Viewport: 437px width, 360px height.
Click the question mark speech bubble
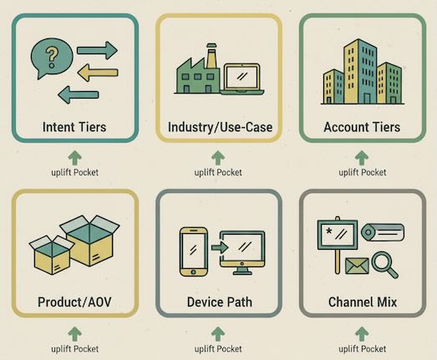pos(52,58)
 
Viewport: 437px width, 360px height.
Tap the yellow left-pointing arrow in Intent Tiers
pos(98,73)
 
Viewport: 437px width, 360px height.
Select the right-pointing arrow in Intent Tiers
pos(97,50)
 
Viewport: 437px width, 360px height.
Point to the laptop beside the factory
pos(242,79)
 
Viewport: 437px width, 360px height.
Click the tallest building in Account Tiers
pos(360,71)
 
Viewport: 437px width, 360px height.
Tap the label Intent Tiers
pos(74,127)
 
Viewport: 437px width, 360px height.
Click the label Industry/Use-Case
pos(220,127)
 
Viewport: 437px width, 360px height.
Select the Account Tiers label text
pos(362,127)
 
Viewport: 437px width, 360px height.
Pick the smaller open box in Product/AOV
pos(51,256)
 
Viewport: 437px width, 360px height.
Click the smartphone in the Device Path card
pos(194,251)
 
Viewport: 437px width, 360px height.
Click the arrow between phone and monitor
pos(220,247)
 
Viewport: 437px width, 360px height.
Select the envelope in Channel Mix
pos(357,266)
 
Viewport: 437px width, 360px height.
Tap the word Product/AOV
pos(74,302)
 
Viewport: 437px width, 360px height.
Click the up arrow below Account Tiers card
pos(362,158)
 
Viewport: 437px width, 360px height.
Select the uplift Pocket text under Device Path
pos(218,349)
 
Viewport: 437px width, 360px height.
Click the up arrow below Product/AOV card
pos(74,334)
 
